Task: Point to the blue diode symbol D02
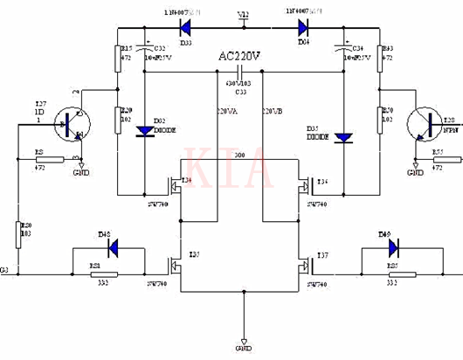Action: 143,132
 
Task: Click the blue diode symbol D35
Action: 343,137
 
